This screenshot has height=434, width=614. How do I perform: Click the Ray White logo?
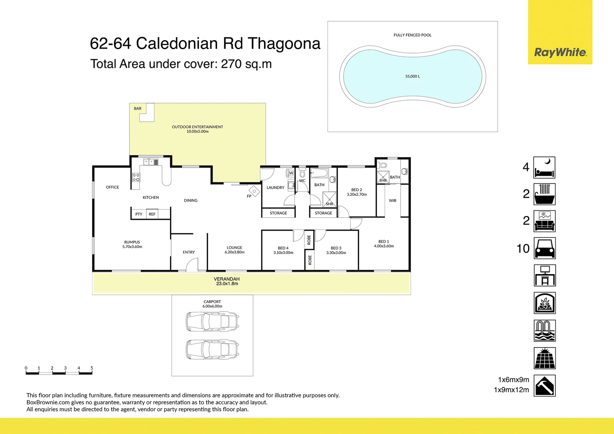coord(560,52)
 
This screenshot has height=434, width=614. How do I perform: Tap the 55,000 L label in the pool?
coord(412,76)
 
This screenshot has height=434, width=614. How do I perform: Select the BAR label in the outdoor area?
coord(138,108)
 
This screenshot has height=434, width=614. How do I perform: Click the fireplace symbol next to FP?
coord(254,190)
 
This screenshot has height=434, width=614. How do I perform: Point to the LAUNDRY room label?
coord(275,188)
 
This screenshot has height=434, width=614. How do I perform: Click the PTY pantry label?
coord(139,214)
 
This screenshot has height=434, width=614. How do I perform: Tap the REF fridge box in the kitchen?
coord(152,214)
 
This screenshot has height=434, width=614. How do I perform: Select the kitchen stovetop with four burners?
coord(136,177)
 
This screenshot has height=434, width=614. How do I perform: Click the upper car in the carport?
coord(212,321)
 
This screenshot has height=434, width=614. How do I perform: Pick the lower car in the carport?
coord(212,349)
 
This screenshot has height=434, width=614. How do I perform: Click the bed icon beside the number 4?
coord(544,167)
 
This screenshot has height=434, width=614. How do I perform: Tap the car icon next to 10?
coord(544,248)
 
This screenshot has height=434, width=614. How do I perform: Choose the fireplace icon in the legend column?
coord(544,303)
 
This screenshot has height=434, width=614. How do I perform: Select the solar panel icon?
coord(544,358)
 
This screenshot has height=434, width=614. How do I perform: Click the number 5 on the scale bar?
coord(92,368)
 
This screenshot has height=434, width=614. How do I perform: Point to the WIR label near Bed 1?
coord(393,201)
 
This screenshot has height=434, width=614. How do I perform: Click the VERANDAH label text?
coord(227,279)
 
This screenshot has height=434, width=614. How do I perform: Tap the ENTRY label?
coord(188,252)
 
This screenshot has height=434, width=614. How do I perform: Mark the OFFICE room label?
coord(113,187)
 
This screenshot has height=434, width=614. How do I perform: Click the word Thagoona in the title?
coord(284,43)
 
